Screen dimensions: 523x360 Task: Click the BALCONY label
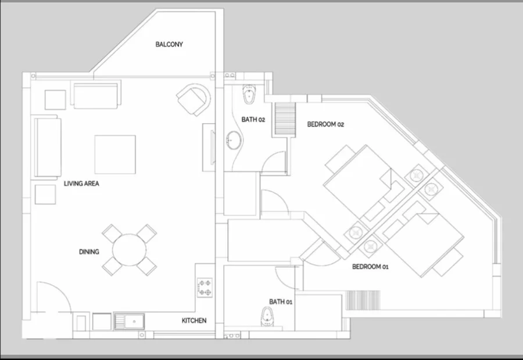pyautogui.click(x=169, y=44)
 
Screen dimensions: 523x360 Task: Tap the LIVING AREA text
pyautogui.click(x=81, y=183)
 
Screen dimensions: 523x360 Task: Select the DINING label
pyautogui.click(x=89, y=251)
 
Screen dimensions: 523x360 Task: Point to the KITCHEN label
pyautogui.click(x=194, y=321)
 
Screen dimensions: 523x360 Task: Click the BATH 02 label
pyautogui.click(x=253, y=120)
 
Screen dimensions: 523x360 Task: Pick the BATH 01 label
pyautogui.click(x=281, y=302)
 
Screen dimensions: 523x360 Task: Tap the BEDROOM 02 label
pyautogui.click(x=325, y=124)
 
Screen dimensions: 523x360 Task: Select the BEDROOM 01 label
pyautogui.click(x=370, y=267)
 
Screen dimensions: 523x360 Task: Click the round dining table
pyautogui.click(x=129, y=250)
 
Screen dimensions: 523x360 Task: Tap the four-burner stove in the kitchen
pyautogui.click(x=205, y=287)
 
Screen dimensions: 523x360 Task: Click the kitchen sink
pyautogui.click(x=129, y=321)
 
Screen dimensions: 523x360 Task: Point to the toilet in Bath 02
pyautogui.click(x=248, y=94)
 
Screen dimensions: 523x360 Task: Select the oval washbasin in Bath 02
pyautogui.click(x=234, y=140)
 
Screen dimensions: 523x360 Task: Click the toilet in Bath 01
pyautogui.click(x=267, y=316)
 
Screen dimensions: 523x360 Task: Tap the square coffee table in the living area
pyautogui.click(x=115, y=154)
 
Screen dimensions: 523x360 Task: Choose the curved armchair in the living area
pyautogui.click(x=194, y=99)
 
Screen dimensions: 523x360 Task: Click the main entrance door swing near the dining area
pyautogui.click(x=62, y=290)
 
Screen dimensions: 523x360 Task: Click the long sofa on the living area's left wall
pyautogui.click(x=47, y=147)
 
